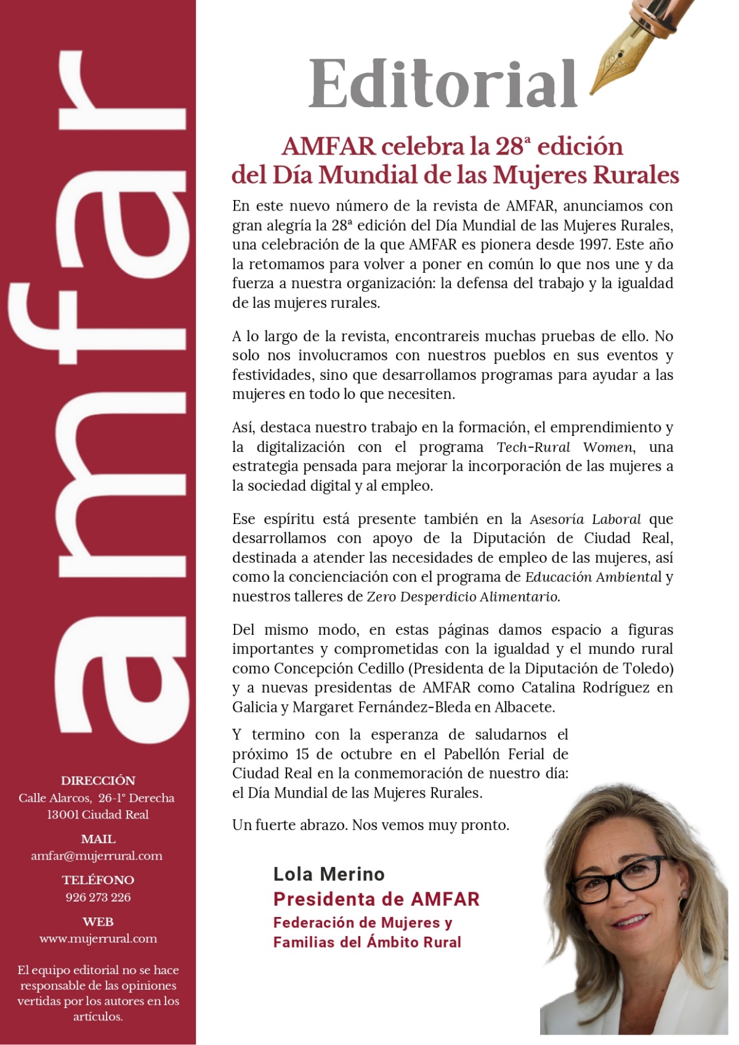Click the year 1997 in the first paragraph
coord(595,244)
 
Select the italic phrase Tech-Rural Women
coord(565,447)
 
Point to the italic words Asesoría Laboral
coord(584,519)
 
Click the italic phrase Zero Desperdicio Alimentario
coord(463,597)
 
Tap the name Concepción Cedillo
coord(339,668)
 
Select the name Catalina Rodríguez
coord(586,687)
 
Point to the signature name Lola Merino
coord(329,874)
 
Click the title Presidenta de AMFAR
coord(376,899)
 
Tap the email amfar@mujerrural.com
coord(97,856)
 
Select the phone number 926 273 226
coord(98,897)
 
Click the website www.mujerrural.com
coord(98,938)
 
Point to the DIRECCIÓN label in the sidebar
coord(98,780)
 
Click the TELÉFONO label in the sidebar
coord(98,880)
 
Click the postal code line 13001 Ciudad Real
coord(98,814)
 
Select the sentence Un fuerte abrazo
coord(290,825)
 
